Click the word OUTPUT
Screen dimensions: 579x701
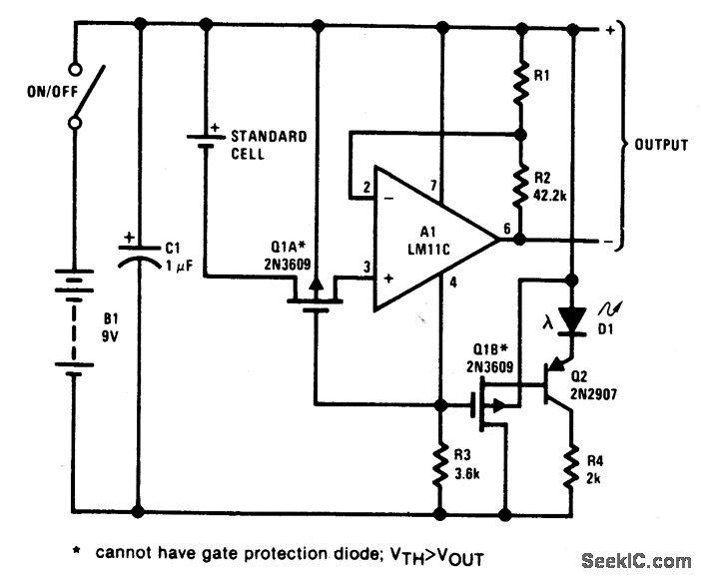[660, 145]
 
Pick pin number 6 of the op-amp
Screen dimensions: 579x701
[506, 229]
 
